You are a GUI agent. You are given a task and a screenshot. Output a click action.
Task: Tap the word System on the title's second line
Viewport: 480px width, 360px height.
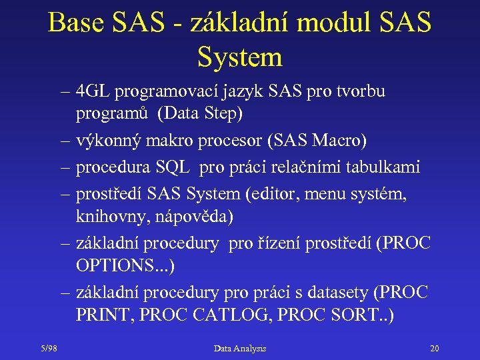(240, 57)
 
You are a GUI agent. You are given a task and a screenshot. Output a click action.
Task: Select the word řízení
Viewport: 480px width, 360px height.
(277, 244)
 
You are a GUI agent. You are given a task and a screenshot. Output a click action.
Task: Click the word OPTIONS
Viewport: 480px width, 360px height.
(117, 266)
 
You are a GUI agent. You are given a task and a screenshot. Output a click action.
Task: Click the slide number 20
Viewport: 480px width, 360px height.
(434, 348)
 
